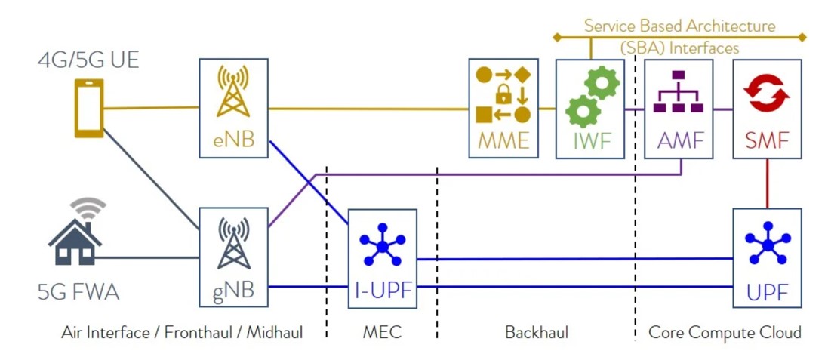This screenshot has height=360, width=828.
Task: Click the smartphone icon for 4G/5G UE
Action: (x=89, y=109)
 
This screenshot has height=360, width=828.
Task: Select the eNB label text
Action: (x=233, y=140)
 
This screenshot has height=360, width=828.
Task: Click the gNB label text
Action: (x=233, y=288)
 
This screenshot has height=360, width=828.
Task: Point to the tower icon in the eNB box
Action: (x=233, y=92)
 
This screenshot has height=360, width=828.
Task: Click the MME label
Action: (x=503, y=140)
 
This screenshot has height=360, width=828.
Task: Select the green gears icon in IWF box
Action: (x=592, y=96)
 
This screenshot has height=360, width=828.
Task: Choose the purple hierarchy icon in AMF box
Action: (x=678, y=91)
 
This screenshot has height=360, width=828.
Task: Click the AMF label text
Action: (x=678, y=140)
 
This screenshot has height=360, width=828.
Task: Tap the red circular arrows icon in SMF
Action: (x=766, y=93)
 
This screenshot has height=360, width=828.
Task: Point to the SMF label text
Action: (x=767, y=140)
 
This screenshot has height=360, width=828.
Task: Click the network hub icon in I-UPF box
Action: (x=382, y=245)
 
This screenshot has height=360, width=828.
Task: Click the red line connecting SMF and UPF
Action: (x=768, y=183)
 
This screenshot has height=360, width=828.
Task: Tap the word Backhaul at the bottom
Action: (x=536, y=332)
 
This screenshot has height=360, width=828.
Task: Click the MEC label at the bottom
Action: (x=382, y=332)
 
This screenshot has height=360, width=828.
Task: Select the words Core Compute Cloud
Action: (x=725, y=332)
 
